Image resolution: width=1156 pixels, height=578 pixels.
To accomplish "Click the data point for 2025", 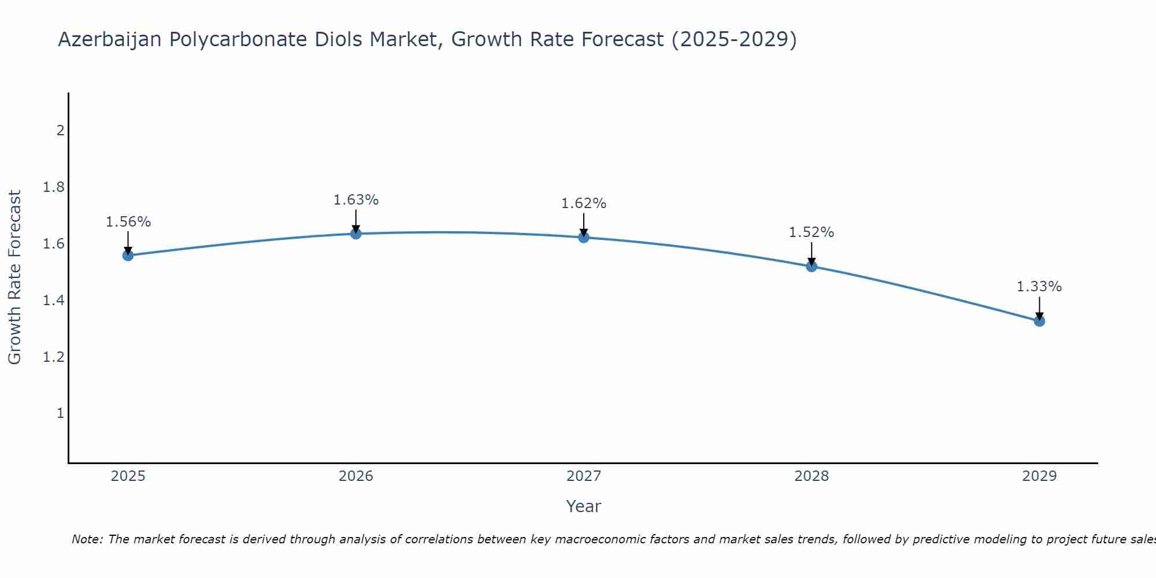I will click(x=128, y=255).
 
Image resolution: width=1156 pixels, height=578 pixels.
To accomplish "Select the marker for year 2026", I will click(x=356, y=234).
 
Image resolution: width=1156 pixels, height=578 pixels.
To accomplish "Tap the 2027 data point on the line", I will click(x=584, y=237).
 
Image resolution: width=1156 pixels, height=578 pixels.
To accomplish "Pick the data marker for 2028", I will click(x=812, y=266).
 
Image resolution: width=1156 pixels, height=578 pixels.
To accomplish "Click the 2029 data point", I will click(x=1039, y=321).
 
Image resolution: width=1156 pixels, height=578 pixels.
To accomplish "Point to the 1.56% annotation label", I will click(x=128, y=222).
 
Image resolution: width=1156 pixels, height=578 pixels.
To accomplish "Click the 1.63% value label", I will click(x=356, y=200).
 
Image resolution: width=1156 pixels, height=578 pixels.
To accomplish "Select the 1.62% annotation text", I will click(x=584, y=203).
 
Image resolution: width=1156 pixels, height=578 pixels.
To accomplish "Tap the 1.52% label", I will click(x=812, y=232).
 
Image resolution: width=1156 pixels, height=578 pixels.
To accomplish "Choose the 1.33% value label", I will click(x=1039, y=287).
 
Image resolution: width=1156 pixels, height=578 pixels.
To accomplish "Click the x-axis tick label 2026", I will click(x=356, y=476).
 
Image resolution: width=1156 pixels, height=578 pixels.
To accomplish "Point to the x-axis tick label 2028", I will click(x=812, y=476).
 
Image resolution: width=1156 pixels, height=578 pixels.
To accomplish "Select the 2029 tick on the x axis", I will click(x=1039, y=476).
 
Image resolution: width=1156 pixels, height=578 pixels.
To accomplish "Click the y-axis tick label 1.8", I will click(x=53, y=187).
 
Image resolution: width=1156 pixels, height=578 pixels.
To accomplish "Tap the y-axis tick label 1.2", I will click(x=53, y=357).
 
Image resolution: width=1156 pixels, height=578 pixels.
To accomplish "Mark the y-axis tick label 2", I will click(x=60, y=131).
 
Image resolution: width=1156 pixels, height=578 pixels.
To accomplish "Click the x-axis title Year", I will click(x=584, y=506).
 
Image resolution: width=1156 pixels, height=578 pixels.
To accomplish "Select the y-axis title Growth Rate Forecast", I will click(x=14, y=277).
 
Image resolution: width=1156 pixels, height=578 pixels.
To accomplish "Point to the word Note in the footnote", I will click(x=87, y=539).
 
